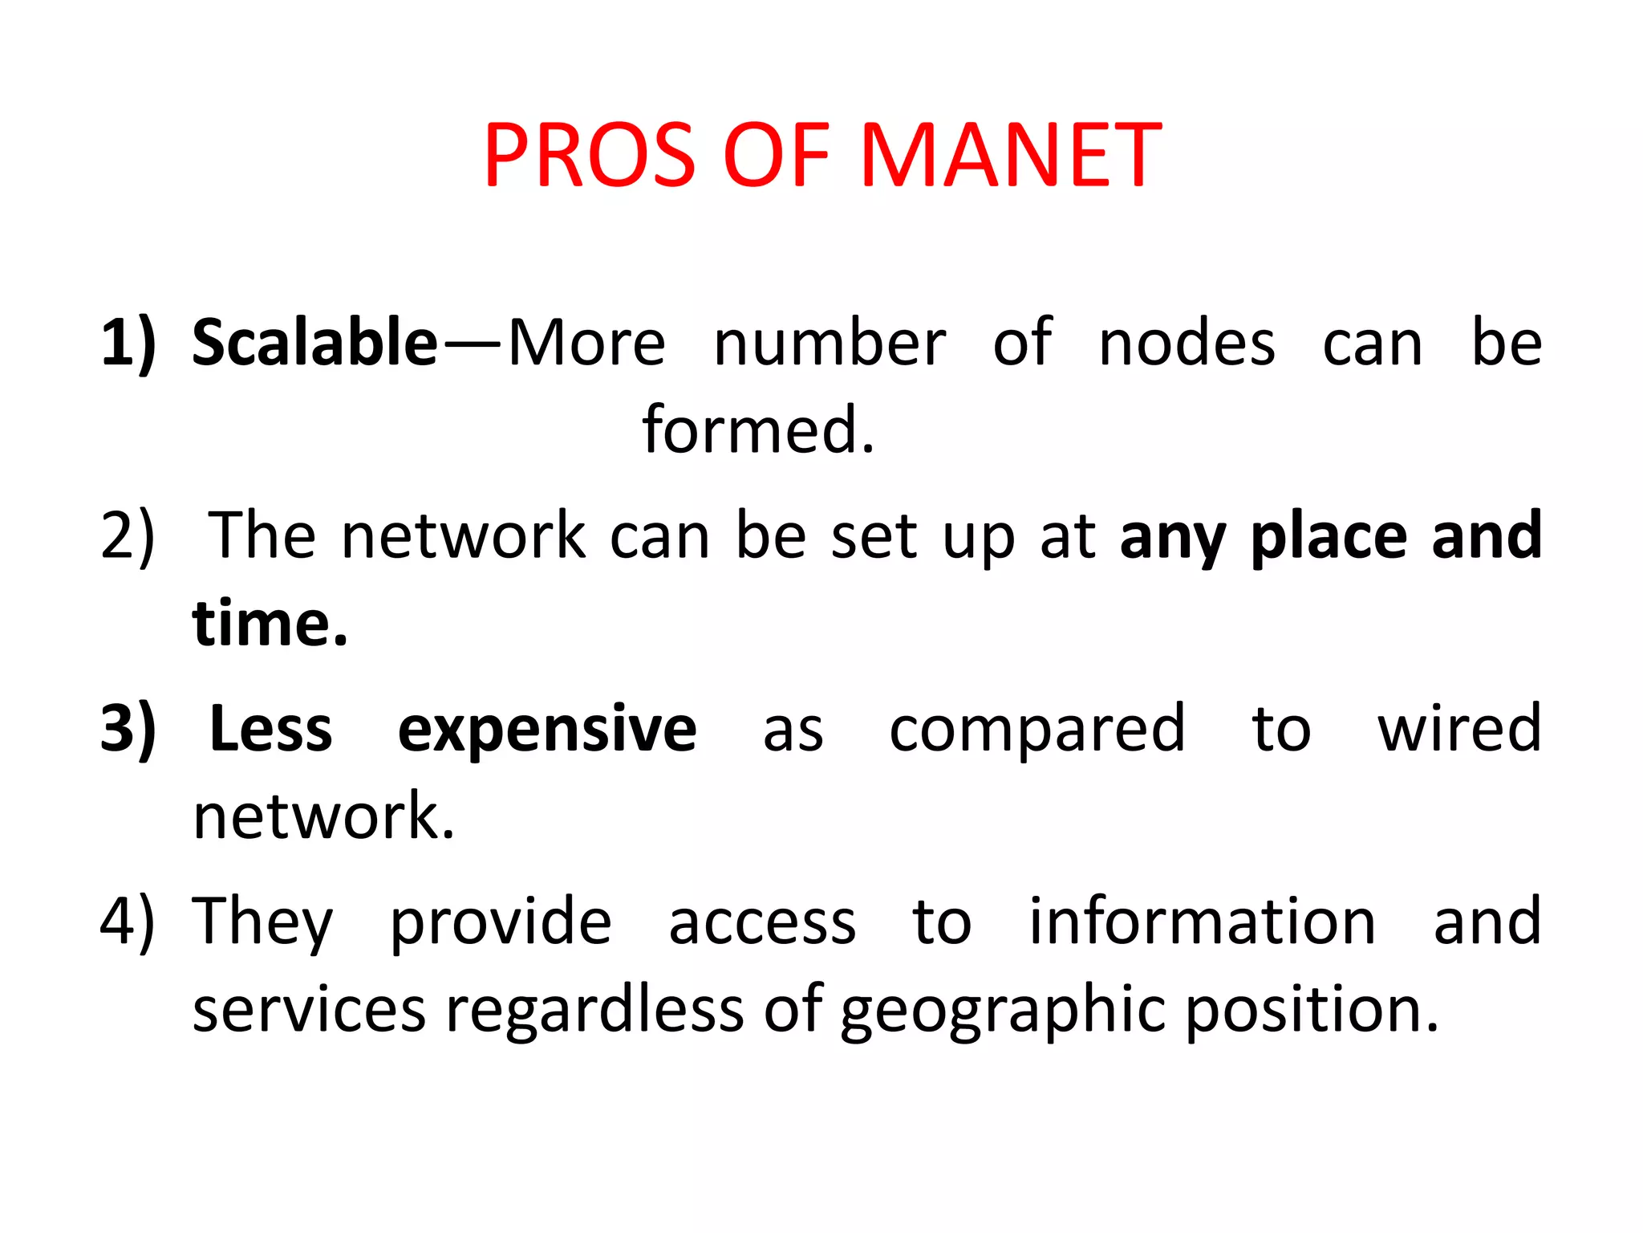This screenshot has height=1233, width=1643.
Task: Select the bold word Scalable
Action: click(315, 343)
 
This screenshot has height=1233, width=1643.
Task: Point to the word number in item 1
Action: click(830, 344)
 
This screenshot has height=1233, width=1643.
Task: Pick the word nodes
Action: click(1187, 344)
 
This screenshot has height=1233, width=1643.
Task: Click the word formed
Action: click(757, 430)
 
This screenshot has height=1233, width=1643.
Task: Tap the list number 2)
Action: click(128, 536)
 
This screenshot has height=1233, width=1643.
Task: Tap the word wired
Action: click(1459, 728)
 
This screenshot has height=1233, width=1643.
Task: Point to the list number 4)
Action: click(128, 922)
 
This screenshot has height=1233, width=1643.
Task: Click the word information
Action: click(1203, 921)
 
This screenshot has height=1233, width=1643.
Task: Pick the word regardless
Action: click(594, 1009)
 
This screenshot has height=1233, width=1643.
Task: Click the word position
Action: click(1312, 1011)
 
